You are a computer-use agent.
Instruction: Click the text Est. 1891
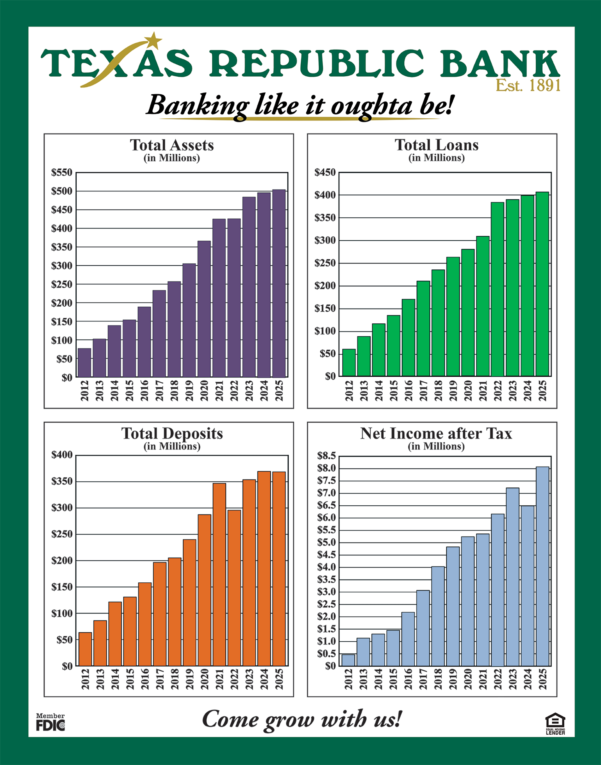[x=528, y=85]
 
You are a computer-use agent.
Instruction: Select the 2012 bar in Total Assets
[x=85, y=362]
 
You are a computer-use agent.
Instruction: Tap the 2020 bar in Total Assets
[x=204, y=309]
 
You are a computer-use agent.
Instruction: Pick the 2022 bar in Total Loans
[x=498, y=289]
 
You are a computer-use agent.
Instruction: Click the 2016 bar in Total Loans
[x=408, y=338]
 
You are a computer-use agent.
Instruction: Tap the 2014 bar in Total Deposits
[x=115, y=634]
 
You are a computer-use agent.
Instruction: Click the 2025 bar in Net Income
[x=542, y=566]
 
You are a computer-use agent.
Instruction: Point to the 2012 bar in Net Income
[x=348, y=660]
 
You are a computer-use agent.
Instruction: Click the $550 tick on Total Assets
[x=62, y=173]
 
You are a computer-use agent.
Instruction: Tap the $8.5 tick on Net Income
[x=326, y=456]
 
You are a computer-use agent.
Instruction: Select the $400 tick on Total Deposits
[x=62, y=455]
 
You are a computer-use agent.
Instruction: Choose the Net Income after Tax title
[x=436, y=433]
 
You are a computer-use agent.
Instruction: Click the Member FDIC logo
[x=50, y=722]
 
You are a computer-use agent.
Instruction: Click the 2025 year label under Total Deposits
[x=279, y=680]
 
